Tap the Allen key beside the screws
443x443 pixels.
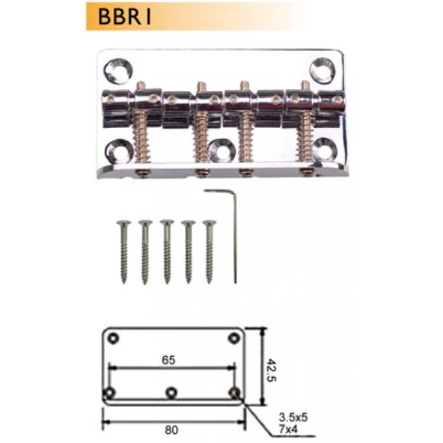tap(233, 236)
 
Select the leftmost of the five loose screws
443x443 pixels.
tap(122, 251)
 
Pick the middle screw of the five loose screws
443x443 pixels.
tap(166, 251)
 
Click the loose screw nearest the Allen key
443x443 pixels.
tap(210, 251)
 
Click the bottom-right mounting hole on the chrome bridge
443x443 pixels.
tap(324, 149)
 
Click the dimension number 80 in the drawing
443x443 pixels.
tap(171, 430)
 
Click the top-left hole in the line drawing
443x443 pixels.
tap(114, 337)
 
